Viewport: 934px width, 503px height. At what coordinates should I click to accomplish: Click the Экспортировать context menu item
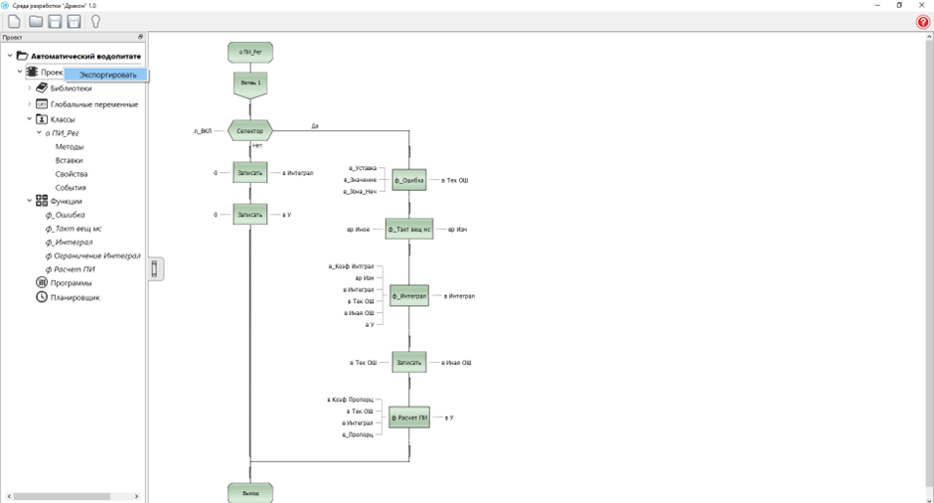coord(107,75)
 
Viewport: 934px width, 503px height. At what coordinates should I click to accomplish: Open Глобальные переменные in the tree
coord(93,104)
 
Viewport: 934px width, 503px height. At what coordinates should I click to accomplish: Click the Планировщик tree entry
coord(76,297)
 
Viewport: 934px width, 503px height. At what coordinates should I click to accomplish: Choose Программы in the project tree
coord(71,282)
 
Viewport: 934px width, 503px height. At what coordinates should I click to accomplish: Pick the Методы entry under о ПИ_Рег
coord(70,146)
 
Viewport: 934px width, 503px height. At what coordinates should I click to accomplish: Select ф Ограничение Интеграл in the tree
coord(92,255)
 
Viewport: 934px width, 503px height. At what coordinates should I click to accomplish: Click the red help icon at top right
coord(923,22)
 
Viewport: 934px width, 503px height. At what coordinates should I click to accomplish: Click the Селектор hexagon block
coord(250,130)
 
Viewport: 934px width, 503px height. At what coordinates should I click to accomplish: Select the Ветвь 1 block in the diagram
coord(250,84)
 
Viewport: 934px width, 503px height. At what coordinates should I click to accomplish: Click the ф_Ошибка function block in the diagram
coord(409,181)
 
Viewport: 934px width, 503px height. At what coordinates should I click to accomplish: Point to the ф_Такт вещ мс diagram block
coord(409,230)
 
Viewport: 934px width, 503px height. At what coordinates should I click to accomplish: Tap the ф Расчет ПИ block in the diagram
coord(409,418)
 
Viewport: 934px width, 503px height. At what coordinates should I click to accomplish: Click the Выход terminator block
coord(250,492)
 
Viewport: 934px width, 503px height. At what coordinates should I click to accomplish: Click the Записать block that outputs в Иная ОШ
coord(409,363)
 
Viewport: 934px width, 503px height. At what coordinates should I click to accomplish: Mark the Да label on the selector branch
coord(315,126)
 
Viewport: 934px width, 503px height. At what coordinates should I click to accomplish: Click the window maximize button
coord(899,5)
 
